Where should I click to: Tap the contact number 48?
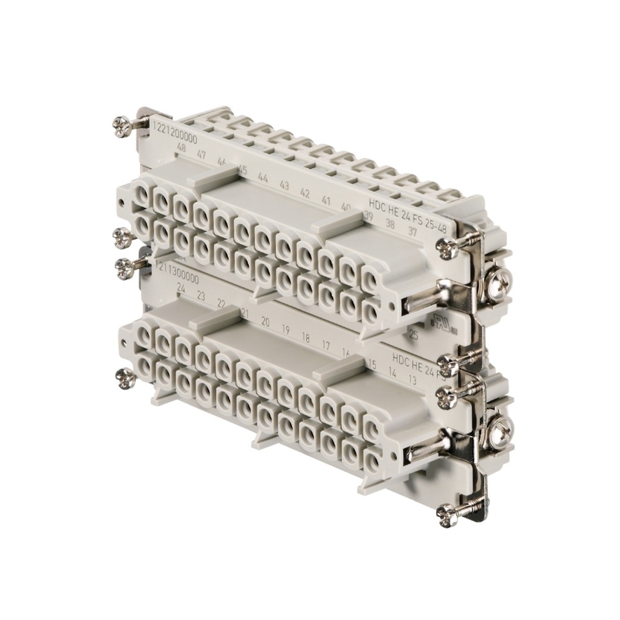point(181,148)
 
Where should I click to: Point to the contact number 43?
point(284,185)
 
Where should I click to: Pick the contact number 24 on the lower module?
point(181,288)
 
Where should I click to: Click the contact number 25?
point(413,335)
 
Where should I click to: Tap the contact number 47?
point(201,155)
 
